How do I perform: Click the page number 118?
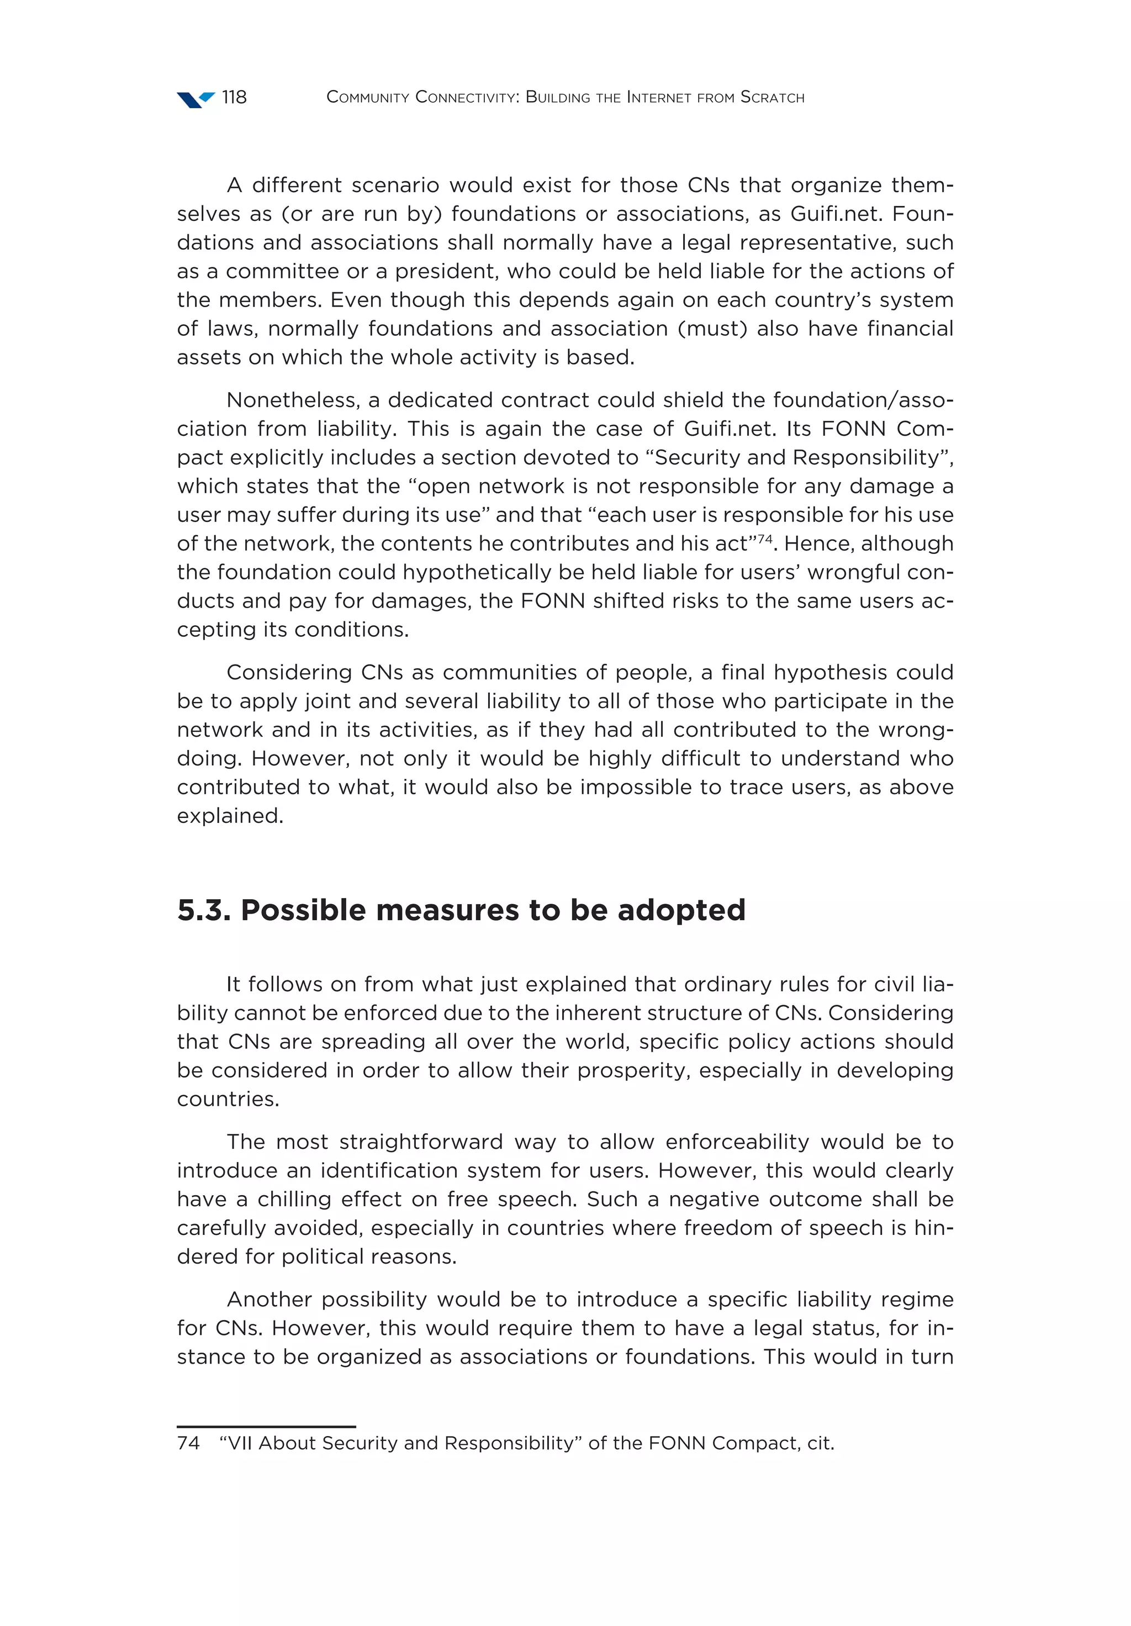point(234,97)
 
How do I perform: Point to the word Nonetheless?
point(293,400)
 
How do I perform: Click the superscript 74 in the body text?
point(764,539)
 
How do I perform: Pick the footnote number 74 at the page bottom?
point(188,1443)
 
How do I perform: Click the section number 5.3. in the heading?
point(204,910)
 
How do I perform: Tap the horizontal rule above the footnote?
point(266,1426)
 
